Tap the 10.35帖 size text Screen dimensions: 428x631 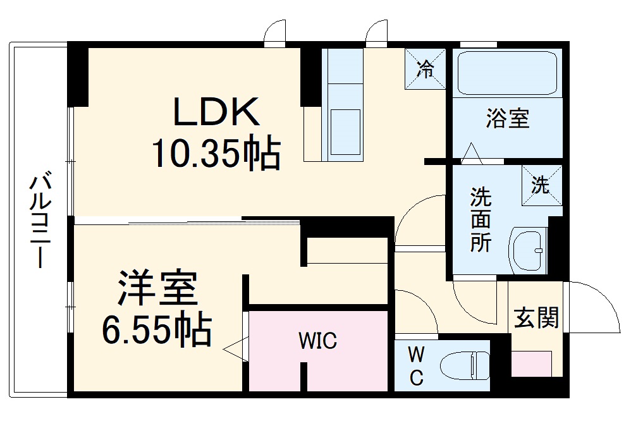click(216, 154)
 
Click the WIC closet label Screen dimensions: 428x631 click(318, 342)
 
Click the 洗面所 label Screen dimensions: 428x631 click(481, 220)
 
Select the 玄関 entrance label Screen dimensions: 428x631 click(536, 318)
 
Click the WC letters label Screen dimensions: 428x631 click(416, 365)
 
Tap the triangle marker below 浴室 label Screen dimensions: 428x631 click(470, 154)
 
